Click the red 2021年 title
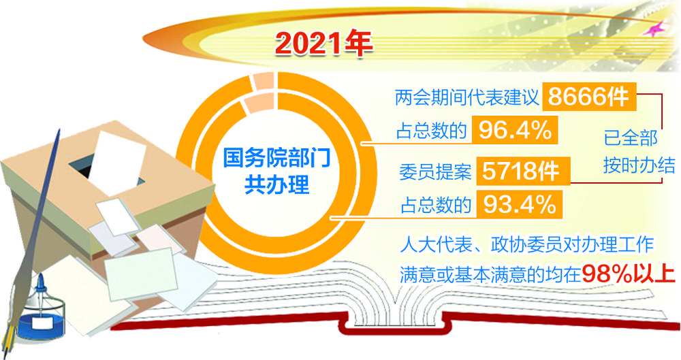[323, 44]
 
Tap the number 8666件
[588, 96]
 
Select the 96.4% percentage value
[515, 130]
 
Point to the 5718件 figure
[520, 171]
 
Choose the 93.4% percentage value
[520, 203]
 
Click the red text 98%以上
[629, 274]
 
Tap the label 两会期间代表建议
[466, 97]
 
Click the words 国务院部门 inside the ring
[276, 158]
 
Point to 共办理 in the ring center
[276, 184]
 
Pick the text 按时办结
[639, 165]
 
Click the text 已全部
[631, 138]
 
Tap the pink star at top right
[653, 29]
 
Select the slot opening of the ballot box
[106, 169]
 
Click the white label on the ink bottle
[42, 323]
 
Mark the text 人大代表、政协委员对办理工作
[527, 245]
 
